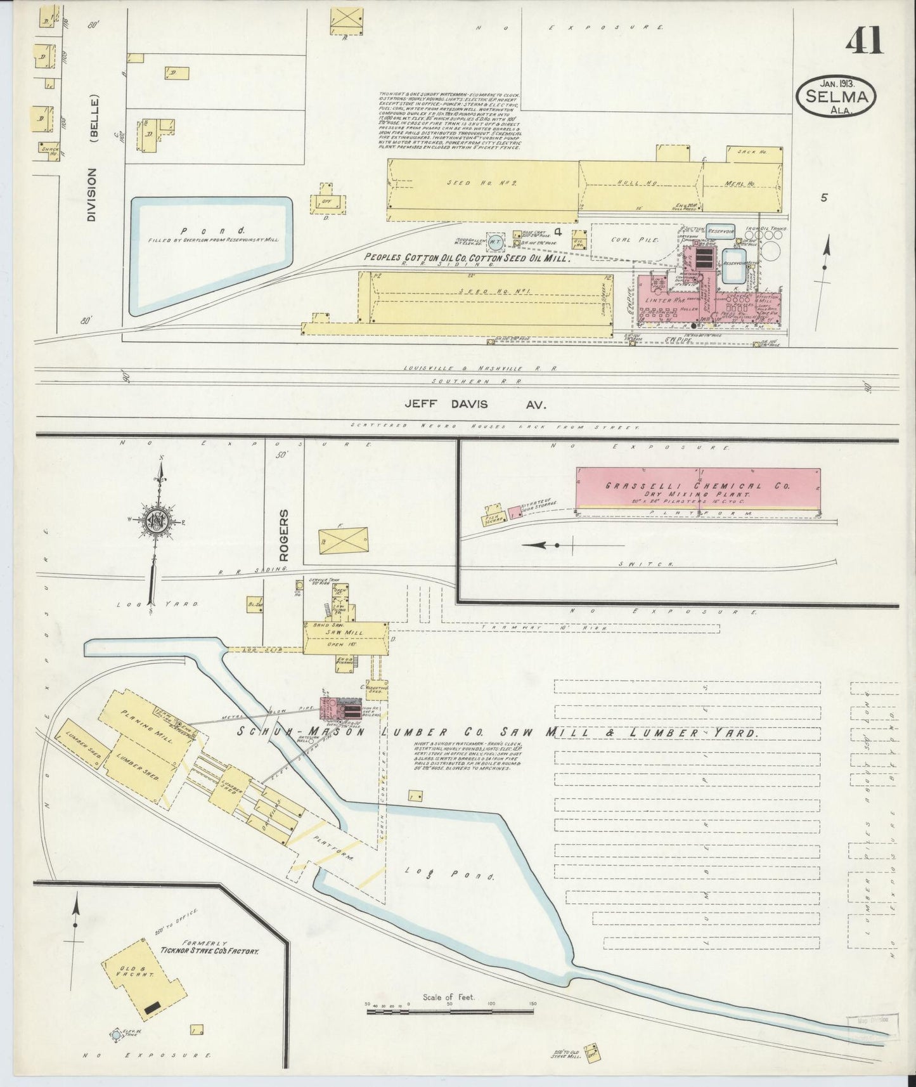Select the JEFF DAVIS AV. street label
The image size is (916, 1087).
click(x=475, y=404)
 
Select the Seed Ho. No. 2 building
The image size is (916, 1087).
click(x=482, y=184)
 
